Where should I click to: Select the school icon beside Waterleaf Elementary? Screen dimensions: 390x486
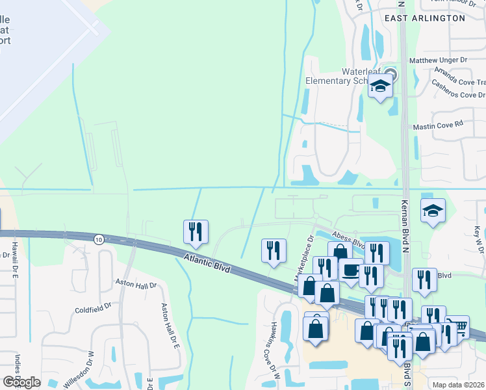[380, 86]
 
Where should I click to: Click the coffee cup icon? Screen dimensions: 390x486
[351, 270]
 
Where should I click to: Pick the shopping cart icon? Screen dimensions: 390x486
[457, 327]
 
